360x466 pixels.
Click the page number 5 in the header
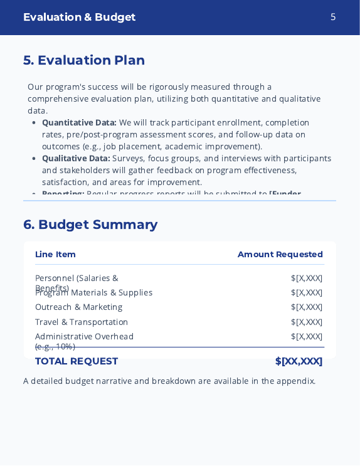333,17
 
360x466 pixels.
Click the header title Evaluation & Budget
79,17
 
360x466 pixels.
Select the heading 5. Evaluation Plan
84,60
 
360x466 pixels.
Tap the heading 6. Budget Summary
90,225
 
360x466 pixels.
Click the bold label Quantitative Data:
79,122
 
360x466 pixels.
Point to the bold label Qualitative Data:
76,158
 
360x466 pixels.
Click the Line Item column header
55,254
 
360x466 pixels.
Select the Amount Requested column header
280,254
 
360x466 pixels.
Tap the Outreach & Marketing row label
78,307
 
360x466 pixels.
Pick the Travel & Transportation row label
82,322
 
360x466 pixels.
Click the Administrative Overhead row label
84,336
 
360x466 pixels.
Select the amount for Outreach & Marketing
307,307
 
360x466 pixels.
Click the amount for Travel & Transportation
307,322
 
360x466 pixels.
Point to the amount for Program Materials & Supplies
307,292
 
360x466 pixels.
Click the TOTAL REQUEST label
77,361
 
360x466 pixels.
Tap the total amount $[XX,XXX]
299,361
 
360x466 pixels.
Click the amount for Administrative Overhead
307,336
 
